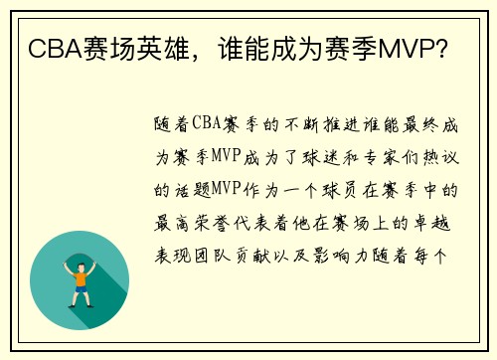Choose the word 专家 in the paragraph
tap(384, 157)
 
